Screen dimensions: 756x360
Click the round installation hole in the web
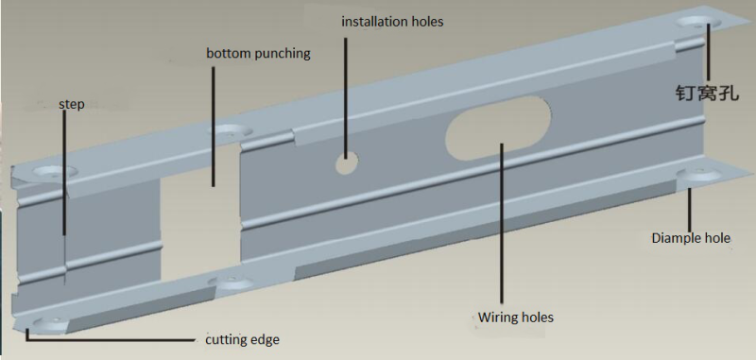(347, 163)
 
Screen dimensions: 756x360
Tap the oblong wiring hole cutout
(498, 128)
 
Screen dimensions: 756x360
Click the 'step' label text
(72, 105)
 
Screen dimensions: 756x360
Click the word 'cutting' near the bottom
(224, 340)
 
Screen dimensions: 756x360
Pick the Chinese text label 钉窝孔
(707, 92)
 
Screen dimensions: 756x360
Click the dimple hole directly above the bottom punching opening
(230, 130)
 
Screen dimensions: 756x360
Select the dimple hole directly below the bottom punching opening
(232, 282)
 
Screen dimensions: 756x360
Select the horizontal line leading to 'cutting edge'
(110, 340)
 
